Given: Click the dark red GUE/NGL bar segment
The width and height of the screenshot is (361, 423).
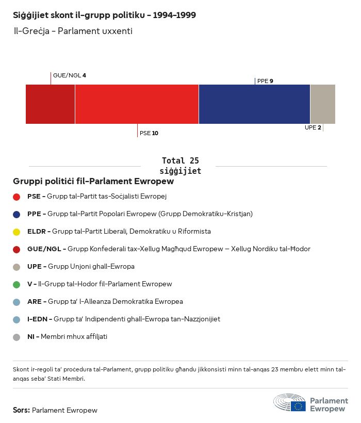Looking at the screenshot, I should coord(50,104).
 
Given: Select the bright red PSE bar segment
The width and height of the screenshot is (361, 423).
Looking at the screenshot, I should coord(137,104).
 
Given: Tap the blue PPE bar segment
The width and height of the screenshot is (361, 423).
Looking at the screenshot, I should coord(254,104).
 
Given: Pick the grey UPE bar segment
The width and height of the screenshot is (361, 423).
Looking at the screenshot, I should coord(322,104).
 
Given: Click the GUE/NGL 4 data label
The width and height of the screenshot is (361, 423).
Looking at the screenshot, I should coord(70,75).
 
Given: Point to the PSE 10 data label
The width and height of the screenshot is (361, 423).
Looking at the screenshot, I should coord(149,133).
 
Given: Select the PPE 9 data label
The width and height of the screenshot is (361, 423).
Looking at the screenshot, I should coord(265,81).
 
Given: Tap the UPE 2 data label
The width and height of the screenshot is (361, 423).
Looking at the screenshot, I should coord(313,127).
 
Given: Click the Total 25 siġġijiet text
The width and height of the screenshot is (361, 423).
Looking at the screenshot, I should coord(180,166).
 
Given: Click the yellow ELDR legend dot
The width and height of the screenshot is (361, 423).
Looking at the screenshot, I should coord(17,232).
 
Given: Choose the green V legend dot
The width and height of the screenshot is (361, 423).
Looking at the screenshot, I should coord(17,284).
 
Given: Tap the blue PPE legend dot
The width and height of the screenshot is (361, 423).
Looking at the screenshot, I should coord(17,214).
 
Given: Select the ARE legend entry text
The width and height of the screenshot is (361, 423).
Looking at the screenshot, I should coord(105,302).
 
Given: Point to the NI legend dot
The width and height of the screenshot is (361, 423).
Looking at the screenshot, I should coord(17,337).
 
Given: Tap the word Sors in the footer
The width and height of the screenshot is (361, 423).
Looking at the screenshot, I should coord(21,411).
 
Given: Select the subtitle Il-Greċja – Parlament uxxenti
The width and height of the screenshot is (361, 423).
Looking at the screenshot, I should coord(73,31).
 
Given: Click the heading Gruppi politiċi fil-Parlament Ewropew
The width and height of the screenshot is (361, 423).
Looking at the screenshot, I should coord(93,182).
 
